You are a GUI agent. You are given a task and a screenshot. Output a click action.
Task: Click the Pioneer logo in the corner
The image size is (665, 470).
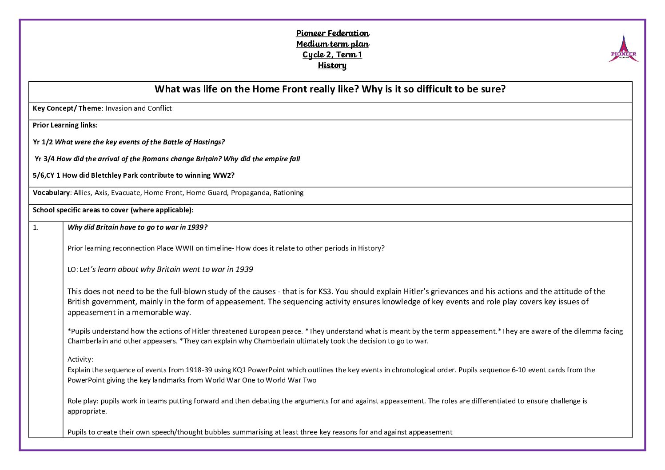(623, 49)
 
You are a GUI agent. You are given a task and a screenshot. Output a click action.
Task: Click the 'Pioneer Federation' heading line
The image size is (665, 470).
(333, 33)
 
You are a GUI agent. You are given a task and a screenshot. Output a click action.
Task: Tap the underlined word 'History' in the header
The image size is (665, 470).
(332, 65)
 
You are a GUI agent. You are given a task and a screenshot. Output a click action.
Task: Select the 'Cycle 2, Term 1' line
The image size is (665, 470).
(332, 55)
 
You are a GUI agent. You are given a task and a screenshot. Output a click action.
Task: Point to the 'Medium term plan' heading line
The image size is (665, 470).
(333, 44)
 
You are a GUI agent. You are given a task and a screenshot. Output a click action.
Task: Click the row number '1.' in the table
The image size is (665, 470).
(36, 227)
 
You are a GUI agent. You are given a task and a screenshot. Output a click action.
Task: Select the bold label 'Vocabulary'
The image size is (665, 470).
(51, 193)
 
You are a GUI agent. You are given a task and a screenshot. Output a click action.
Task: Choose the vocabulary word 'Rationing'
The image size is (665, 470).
(288, 193)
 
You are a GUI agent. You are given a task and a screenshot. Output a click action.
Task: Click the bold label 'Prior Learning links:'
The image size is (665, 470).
(65, 125)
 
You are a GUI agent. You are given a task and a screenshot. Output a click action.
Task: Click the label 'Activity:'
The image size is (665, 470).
(80, 359)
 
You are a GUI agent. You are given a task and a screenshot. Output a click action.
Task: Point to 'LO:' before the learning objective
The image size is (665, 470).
(72, 270)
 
